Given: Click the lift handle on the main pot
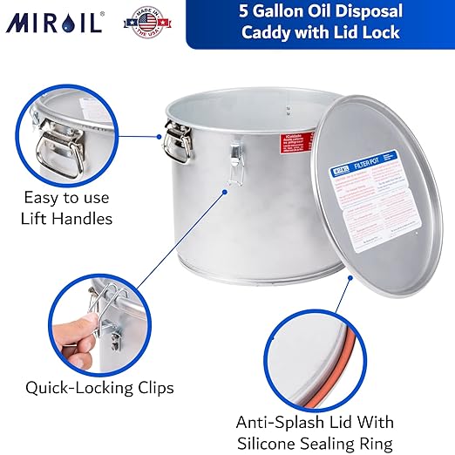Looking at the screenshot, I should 178,142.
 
